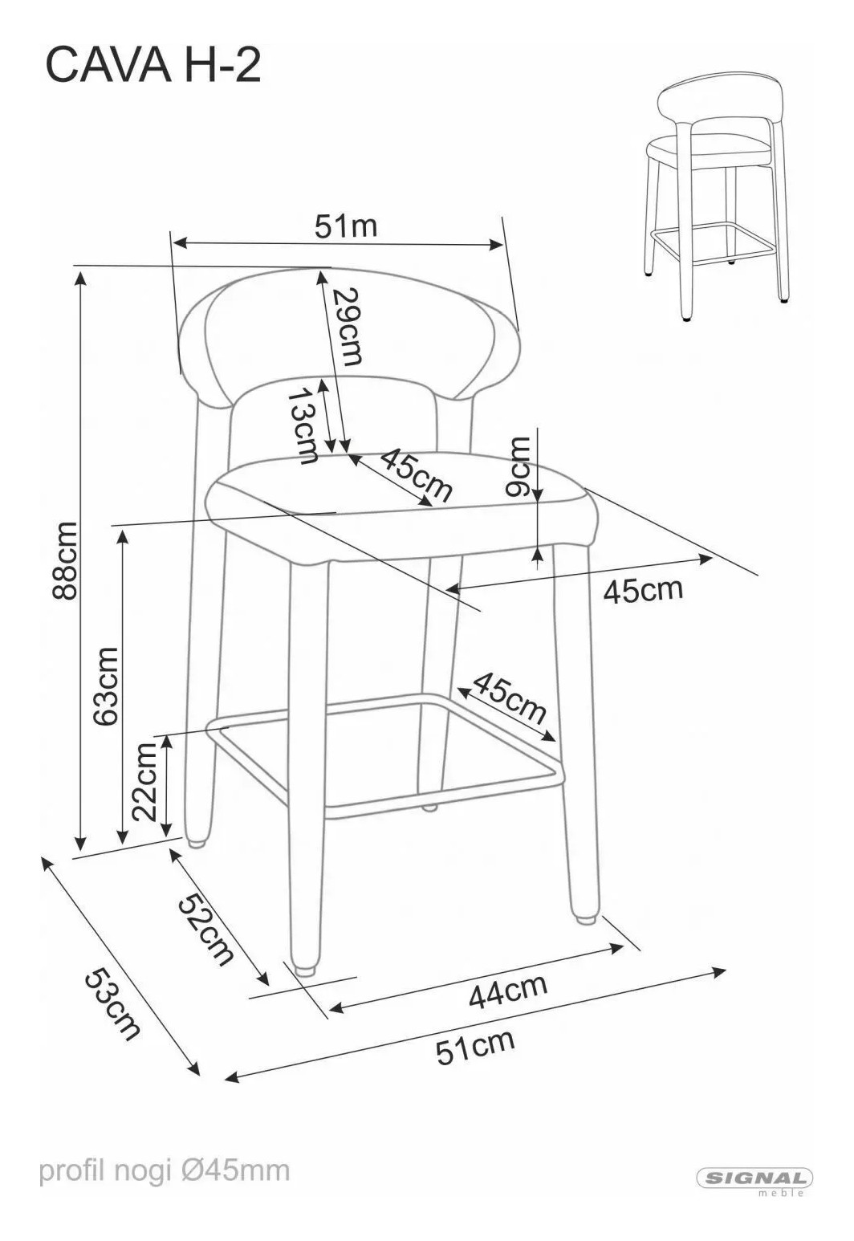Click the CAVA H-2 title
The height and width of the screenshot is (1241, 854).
pos(152,65)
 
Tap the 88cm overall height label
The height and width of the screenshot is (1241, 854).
pos(63,559)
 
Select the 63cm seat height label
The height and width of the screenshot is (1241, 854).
pos(105,686)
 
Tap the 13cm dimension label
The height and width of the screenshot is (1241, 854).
pos(303,425)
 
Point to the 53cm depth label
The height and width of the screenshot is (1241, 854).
pos(112,1003)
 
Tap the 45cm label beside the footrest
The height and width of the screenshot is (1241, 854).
pos(509,698)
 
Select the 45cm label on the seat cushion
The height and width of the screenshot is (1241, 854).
pos(416,474)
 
